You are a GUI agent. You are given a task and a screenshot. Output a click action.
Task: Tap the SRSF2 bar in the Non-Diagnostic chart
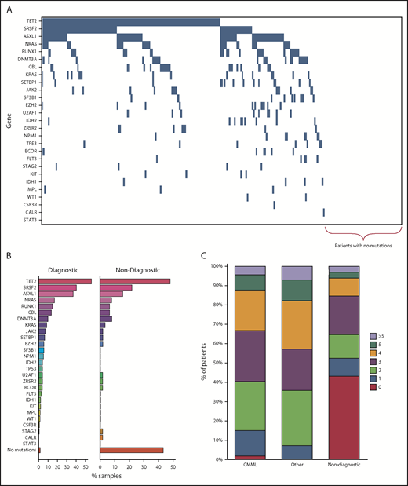coord(116,287)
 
